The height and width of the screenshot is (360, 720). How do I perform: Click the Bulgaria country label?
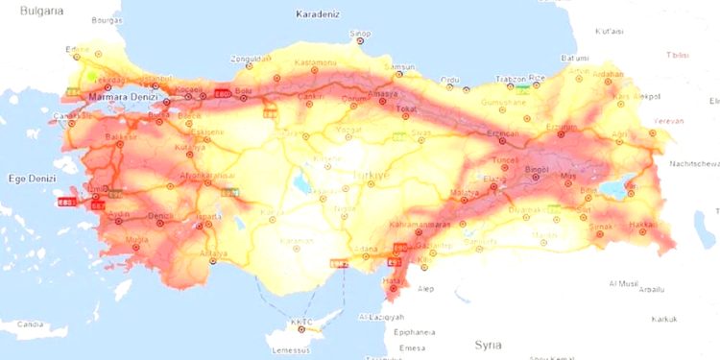(39, 10)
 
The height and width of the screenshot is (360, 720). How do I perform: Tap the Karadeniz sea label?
(320, 14)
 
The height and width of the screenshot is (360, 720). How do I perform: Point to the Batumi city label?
(574, 58)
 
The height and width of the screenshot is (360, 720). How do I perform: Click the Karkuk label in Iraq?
(663, 318)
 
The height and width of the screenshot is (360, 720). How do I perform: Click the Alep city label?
(425, 287)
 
